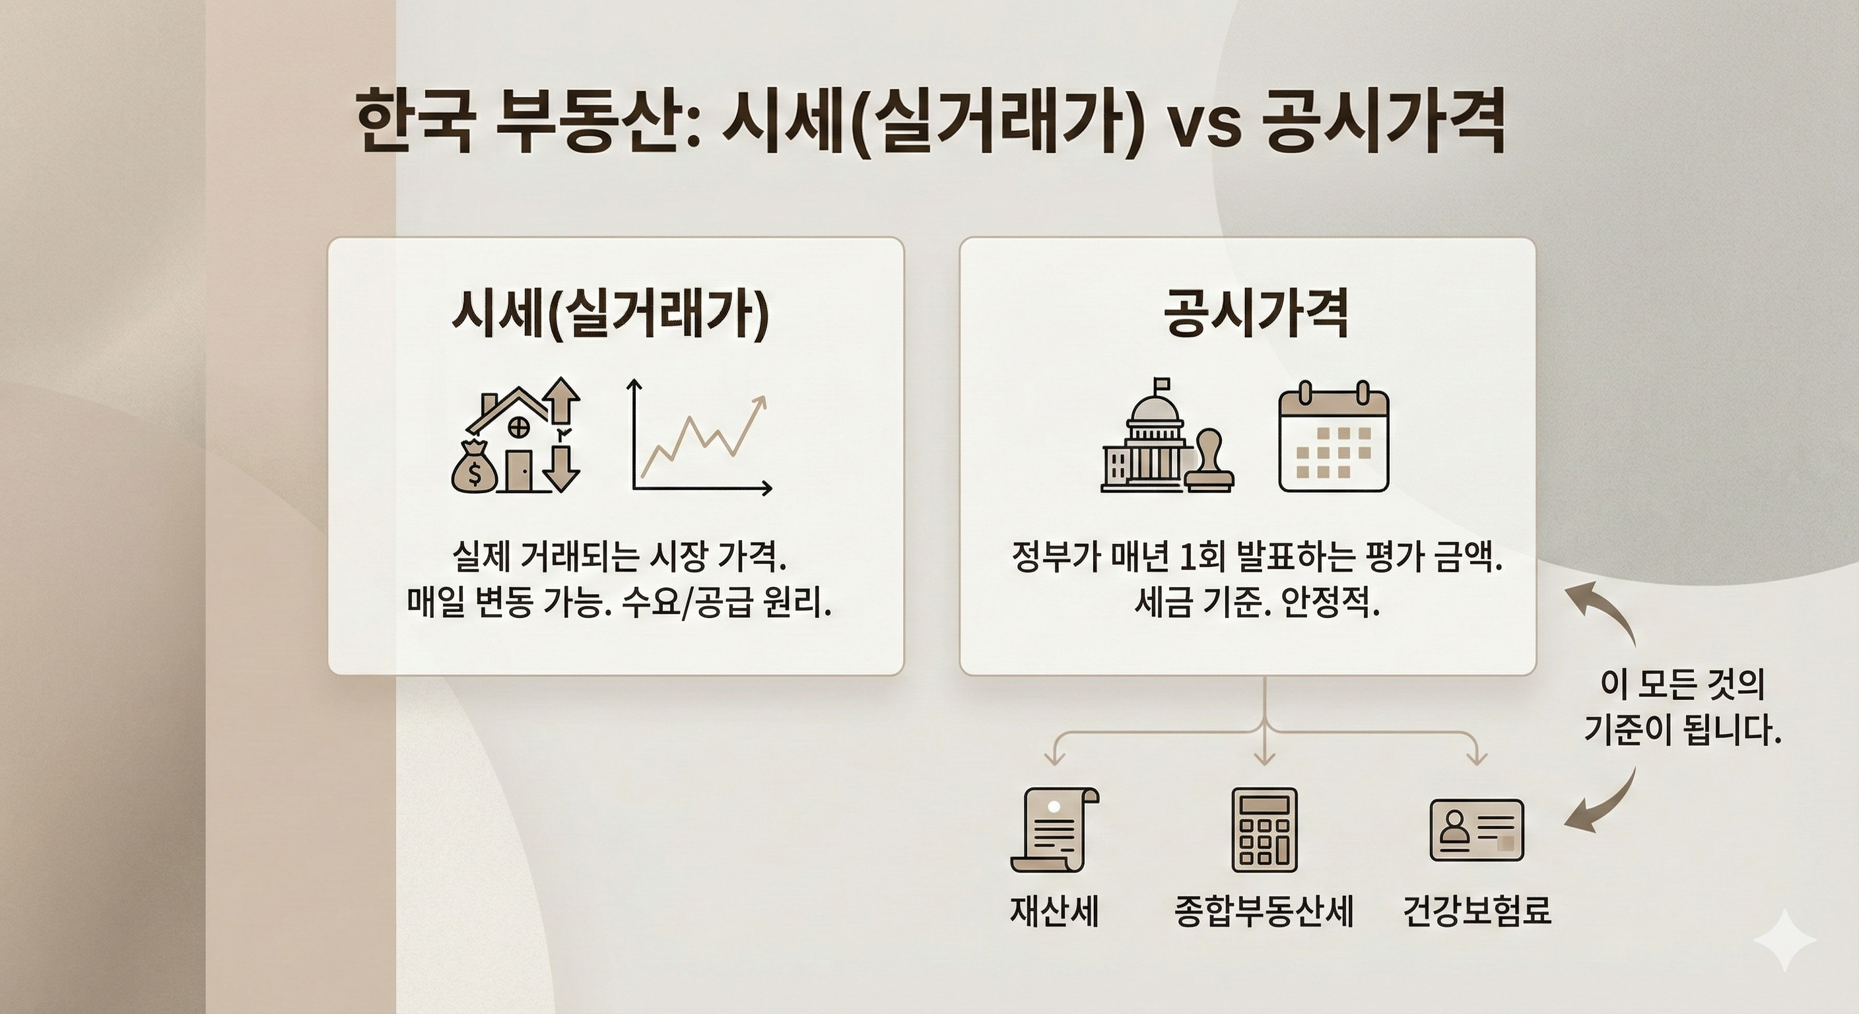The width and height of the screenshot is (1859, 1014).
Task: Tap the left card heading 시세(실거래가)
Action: tap(610, 316)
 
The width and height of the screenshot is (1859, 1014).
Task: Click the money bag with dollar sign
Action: tap(474, 469)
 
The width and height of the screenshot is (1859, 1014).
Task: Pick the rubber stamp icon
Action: tap(1209, 461)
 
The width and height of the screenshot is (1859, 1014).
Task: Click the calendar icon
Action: tap(1334, 438)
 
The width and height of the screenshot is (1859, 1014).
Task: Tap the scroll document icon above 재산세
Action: tap(1054, 829)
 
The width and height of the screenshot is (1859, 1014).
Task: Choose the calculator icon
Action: tap(1264, 829)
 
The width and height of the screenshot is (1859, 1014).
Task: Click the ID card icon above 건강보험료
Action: tap(1477, 830)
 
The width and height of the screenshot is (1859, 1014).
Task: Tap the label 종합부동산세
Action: tap(1264, 910)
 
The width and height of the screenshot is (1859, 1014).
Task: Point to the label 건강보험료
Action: tap(1477, 910)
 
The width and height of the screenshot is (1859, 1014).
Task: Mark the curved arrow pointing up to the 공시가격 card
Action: tap(1606, 613)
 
